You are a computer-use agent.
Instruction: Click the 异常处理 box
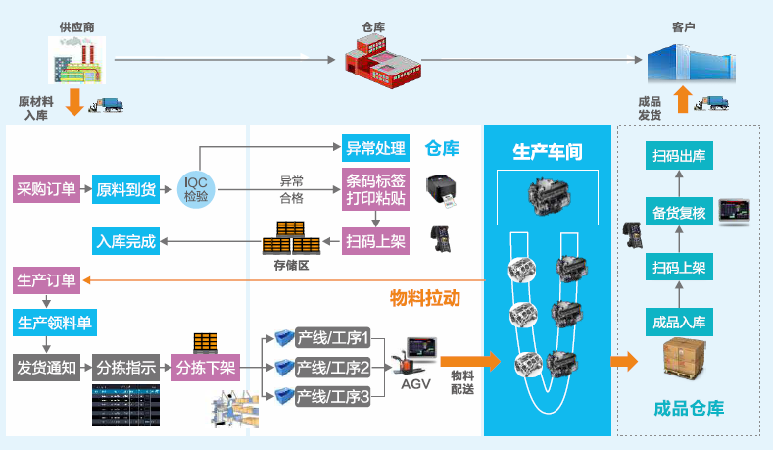[375, 149]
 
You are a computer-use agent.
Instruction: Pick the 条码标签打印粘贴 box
[375, 189]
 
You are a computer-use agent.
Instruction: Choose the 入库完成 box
[125, 241]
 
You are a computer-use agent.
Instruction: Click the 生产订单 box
[46, 281]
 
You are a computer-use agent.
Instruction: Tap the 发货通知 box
[46, 368]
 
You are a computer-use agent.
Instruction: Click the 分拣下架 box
[204, 369]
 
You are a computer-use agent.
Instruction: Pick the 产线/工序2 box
[332, 368]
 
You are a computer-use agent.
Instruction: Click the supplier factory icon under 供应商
[76, 59]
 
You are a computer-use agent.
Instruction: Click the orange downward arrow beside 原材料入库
[72, 101]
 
